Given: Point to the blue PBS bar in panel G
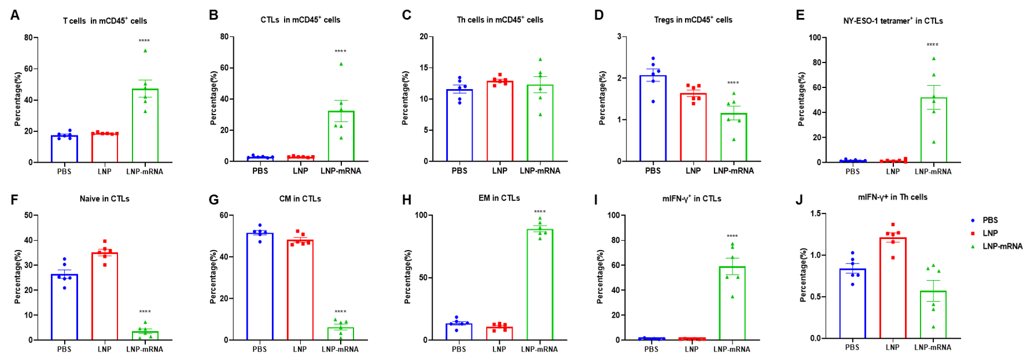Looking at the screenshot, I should coord(260,286).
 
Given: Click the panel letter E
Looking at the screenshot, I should coord(800,15).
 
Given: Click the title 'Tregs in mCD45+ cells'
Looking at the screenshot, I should coord(693,20).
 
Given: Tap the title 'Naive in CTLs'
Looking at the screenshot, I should coord(104,199).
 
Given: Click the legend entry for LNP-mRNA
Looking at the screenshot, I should coord(1002,246).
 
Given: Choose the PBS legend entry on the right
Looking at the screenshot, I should coord(989,220).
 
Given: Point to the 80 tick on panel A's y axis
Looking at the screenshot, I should coord(28,38).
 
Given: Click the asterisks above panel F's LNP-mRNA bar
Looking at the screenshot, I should coord(145,312).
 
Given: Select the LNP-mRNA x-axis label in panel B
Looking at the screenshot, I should coord(340,171).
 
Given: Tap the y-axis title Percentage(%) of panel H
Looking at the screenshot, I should coord(407,277).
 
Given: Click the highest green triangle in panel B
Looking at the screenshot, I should coord(341,64).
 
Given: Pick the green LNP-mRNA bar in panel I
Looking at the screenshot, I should coord(732,303).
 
